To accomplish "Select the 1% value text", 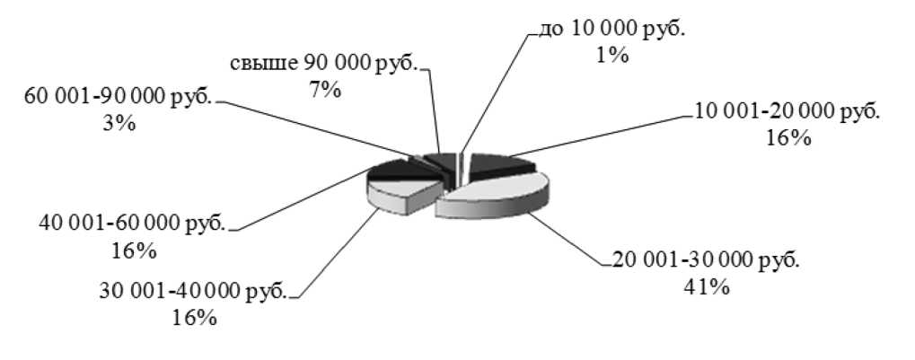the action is click(x=611, y=55).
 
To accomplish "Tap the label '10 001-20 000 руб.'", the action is click(x=788, y=112).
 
